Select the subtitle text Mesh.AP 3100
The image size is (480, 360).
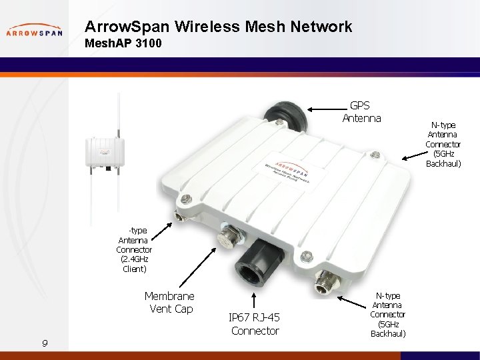click(123, 45)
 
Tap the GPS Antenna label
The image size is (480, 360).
click(361, 112)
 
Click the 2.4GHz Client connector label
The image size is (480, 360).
click(134, 249)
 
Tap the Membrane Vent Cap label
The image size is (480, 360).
click(169, 302)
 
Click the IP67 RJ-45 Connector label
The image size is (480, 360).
click(254, 324)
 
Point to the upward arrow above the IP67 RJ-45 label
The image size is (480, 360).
click(254, 299)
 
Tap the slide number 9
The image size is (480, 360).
click(44, 343)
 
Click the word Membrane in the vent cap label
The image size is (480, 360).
click(169, 295)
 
